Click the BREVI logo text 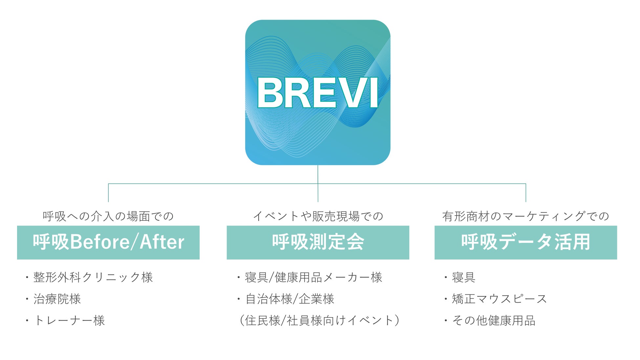click(x=317, y=93)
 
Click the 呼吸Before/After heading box click(x=108, y=243)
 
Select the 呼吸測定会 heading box click(x=318, y=243)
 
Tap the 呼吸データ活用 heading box click(x=526, y=243)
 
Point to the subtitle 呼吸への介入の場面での click(x=108, y=216)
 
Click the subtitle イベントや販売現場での click(x=318, y=216)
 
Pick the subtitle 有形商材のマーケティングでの click(x=526, y=216)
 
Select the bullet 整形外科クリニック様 click(x=93, y=278)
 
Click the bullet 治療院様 click(x=57, y=299)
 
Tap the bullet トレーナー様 click(x=69, y=321)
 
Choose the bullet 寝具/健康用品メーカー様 click(x=313, y=278)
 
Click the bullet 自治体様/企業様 click(x=290, y=299)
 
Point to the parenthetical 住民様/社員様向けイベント click(x=319, y=321)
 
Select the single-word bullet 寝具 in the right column click(x=463, y=278)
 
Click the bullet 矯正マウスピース click(x=499, y=299)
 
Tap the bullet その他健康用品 click(x=494, y=321)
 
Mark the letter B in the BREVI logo click(x=270, y=93)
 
